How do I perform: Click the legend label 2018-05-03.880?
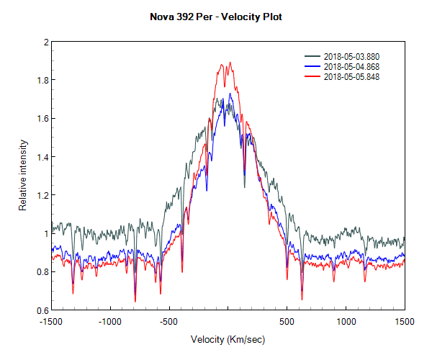click(x=351, y=57)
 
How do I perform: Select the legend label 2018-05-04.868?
click(x=351, y=67)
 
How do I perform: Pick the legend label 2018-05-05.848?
click(x=351, y=76)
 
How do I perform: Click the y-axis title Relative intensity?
click(x=22, y=176)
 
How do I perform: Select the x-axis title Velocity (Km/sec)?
click(x=228, y=338)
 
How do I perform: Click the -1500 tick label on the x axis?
click(x=51, y=322)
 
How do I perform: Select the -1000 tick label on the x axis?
click(x=109, y=322)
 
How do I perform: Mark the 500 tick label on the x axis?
click(x=287, y=322)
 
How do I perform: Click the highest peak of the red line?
click(x=230, y=63)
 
